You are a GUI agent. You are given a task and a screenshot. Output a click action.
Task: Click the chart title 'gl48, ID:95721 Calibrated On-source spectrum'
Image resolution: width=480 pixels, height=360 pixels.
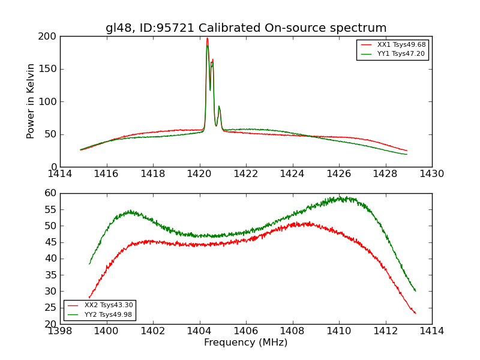(x=246, y=28)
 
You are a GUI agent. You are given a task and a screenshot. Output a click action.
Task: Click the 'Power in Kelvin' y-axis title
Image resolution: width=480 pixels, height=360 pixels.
(x=31, y=101)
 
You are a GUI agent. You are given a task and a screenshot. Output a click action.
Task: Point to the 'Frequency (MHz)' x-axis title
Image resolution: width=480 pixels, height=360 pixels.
(x=246, y=343)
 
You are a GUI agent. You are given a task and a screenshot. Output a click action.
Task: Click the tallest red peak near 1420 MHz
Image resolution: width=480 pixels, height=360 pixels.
(x=207, y=39)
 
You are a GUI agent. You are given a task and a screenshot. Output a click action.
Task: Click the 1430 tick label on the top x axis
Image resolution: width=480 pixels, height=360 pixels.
(x=432, y=174)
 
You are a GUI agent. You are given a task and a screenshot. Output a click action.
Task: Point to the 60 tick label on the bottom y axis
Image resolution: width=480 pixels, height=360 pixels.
(x=50, y=193)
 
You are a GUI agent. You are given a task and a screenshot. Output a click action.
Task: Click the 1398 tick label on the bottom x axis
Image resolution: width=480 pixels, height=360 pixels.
(x=60, y=331)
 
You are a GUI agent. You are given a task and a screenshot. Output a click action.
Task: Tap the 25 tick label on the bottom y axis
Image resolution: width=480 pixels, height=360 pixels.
(x=50, y=307)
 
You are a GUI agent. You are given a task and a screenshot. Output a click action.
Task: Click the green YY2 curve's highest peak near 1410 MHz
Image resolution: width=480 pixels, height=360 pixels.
(x=340, y=197)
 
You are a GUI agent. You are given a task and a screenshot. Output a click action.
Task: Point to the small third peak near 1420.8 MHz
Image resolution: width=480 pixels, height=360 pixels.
(x=219, y=106)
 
